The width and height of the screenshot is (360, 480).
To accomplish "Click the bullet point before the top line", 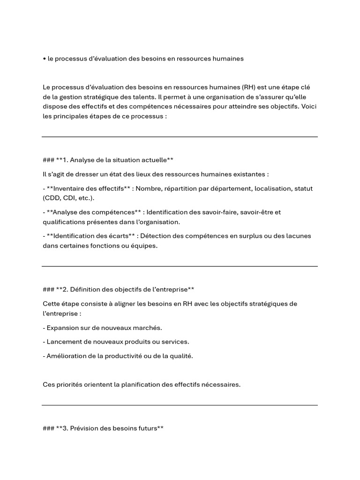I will (44, 59).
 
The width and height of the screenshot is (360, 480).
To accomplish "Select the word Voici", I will (309, 106).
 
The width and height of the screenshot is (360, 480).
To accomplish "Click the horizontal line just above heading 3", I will (180, 405).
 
